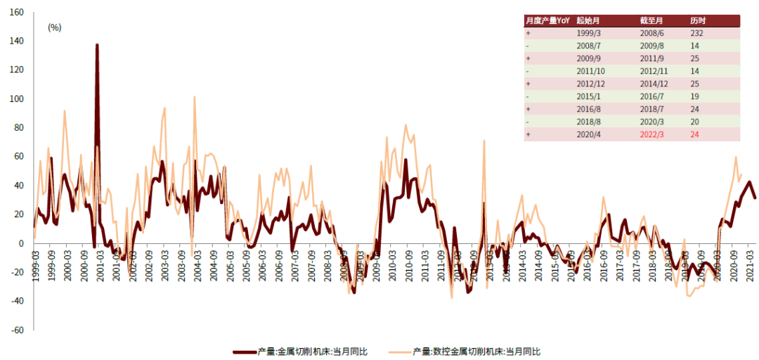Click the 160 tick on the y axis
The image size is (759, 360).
tap(17, 12)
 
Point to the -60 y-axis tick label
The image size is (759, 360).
tap(15, 330)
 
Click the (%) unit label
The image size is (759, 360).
tap(54, 27)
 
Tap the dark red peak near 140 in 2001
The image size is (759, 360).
tap(97, 45)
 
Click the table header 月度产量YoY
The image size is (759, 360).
tap(547, 21)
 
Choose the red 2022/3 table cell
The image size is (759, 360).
tap(649, 134)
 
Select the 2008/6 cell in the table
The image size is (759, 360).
tap(649, 33)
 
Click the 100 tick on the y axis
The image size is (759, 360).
tap(17, 70)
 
